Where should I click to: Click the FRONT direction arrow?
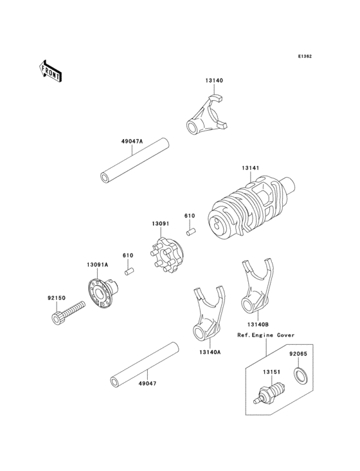[50, 71]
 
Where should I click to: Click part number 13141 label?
[251, 168]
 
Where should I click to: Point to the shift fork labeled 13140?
[207, 115]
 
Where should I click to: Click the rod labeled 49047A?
[134, 160]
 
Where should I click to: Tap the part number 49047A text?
[132, 141]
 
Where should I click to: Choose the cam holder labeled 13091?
[166, 255]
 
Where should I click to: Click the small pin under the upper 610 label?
[191, 232]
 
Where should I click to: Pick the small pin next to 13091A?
[129, 272]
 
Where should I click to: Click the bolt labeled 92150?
[68, 313]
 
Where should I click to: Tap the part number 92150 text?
[57, 299]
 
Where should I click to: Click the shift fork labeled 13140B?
[257, 285]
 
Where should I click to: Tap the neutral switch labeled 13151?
[269, 393]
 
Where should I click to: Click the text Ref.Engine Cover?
[266, 335]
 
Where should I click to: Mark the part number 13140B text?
[258, 324]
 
